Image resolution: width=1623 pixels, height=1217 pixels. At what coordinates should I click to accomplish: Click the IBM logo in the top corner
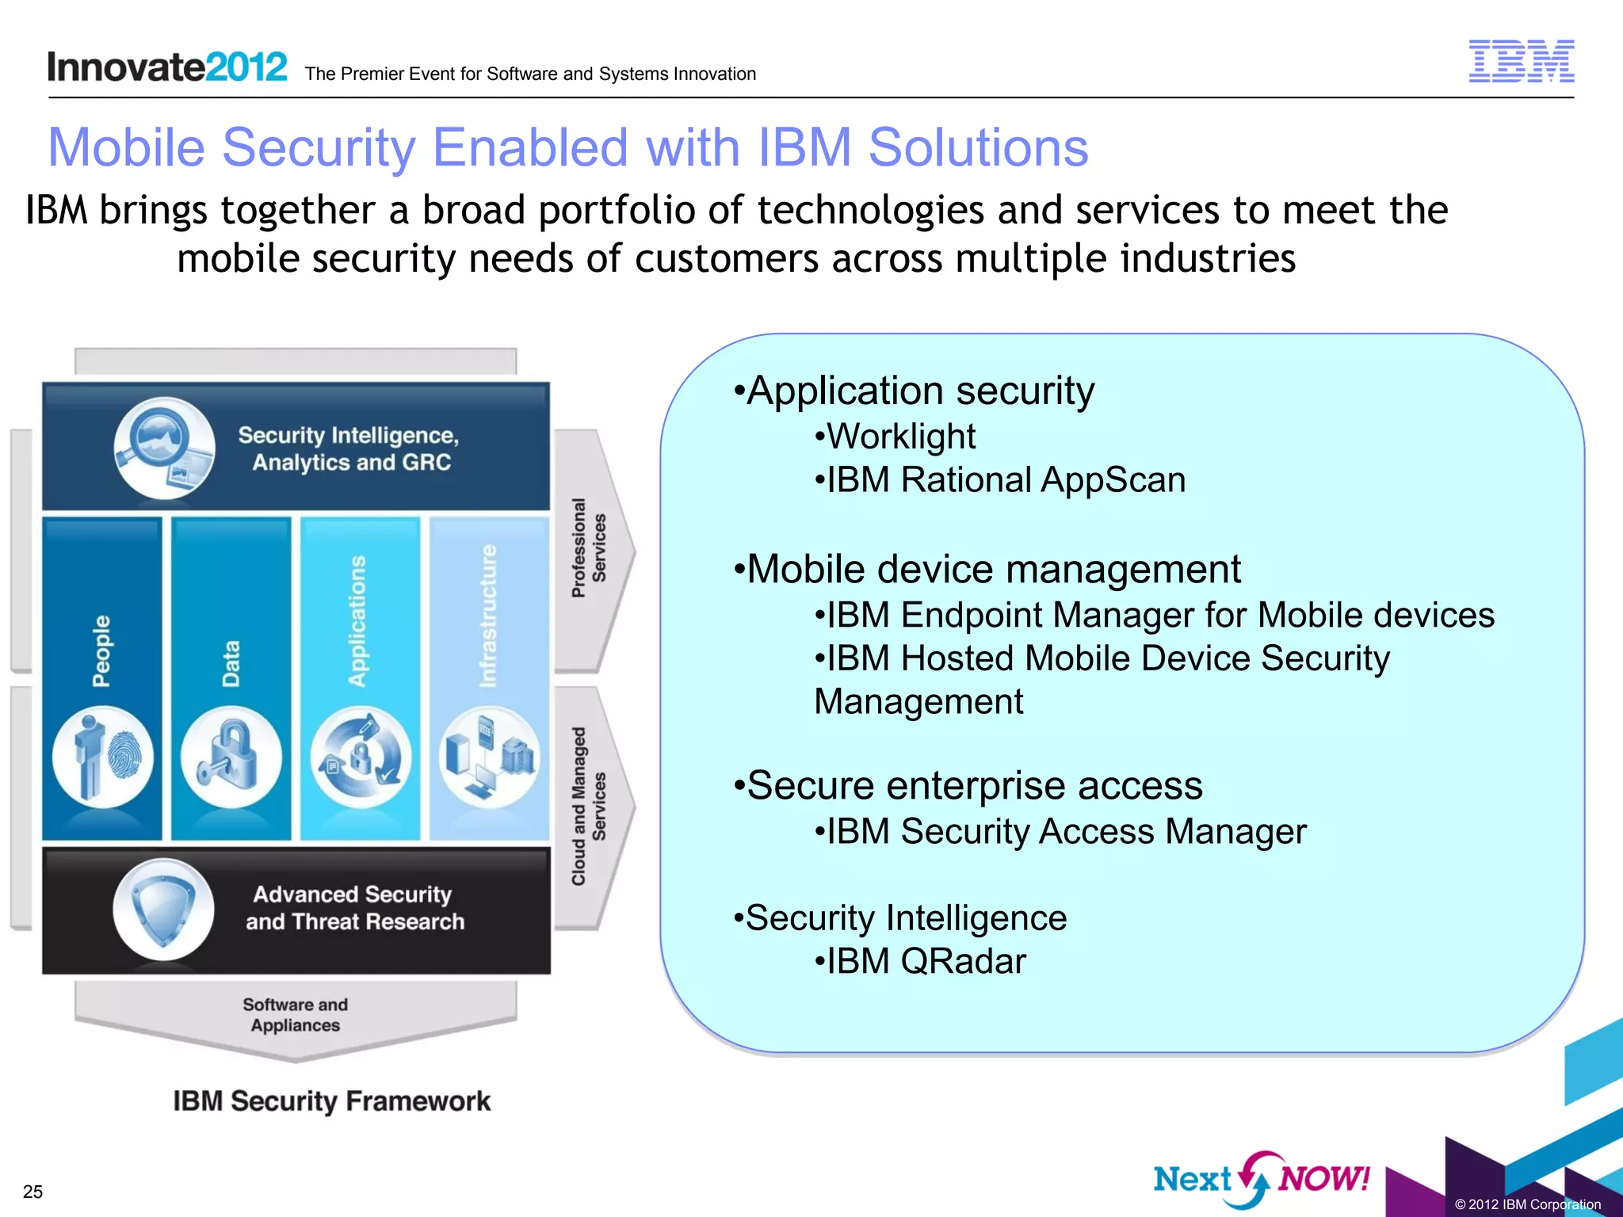1521,61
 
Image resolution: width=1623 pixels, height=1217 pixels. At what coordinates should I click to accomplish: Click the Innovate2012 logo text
167,67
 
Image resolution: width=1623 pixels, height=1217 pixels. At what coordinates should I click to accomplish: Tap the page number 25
32,1191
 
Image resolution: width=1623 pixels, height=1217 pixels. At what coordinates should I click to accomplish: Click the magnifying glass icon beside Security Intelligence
163,448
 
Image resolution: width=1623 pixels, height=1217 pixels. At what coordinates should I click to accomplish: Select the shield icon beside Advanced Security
163,910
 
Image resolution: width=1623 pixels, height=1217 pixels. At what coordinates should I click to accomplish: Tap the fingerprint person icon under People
103,757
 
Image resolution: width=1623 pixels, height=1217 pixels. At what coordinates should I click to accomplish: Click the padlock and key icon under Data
231,757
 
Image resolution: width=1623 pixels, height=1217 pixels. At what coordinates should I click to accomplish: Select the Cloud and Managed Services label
589,806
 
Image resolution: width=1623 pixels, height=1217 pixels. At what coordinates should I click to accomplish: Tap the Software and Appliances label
295,1015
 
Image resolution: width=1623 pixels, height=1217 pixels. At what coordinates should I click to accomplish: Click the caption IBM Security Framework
332,1101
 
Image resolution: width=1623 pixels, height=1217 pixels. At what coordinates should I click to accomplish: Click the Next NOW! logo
1261,1179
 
